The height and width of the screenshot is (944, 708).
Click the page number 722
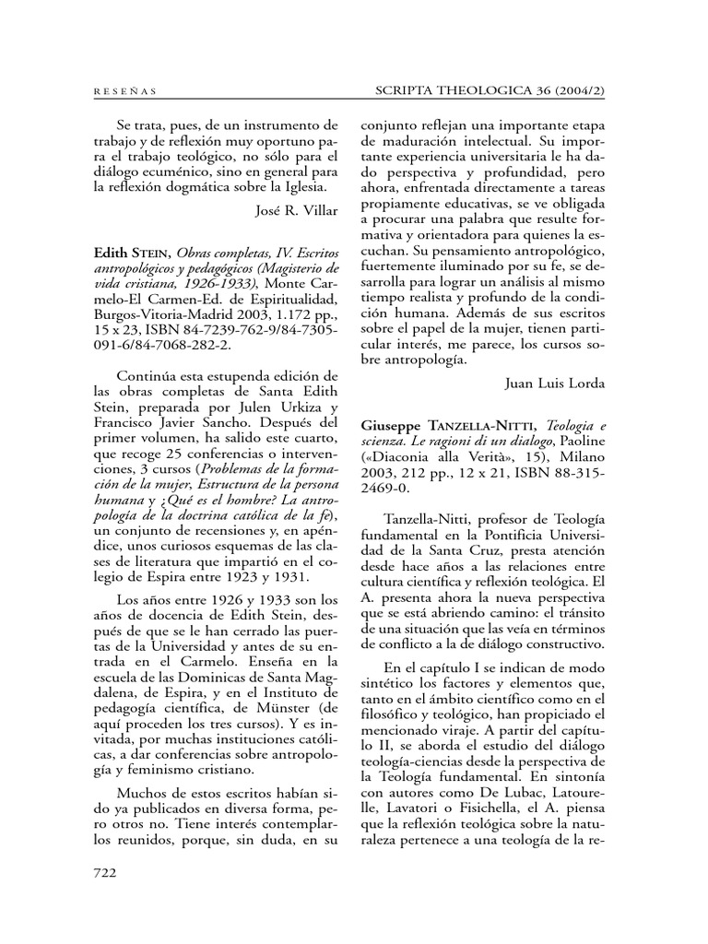click(x=109, y=871)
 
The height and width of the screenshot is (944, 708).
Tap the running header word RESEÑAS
click(x=126, y=91)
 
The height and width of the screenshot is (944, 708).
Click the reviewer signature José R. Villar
click(x=296, y=209)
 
